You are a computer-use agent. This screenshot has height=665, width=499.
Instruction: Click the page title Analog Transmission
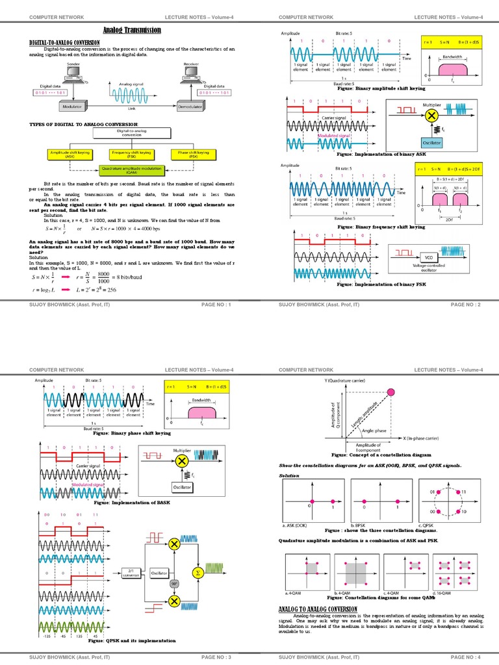coord(133,31)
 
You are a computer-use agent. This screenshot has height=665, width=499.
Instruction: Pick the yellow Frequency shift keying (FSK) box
coord(132,153)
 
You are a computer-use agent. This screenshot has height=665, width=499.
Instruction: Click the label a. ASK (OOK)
coord(295,525)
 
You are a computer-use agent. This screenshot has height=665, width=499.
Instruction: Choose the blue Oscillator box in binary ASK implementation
coord(414,142)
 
